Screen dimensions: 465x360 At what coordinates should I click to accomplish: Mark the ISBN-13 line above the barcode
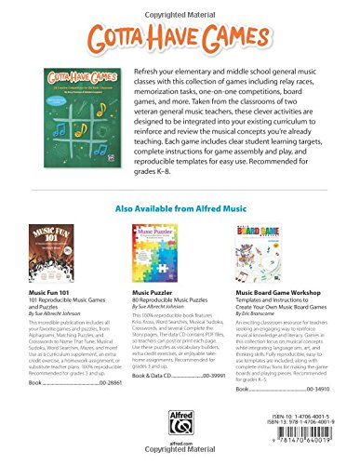tap(303, 432)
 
